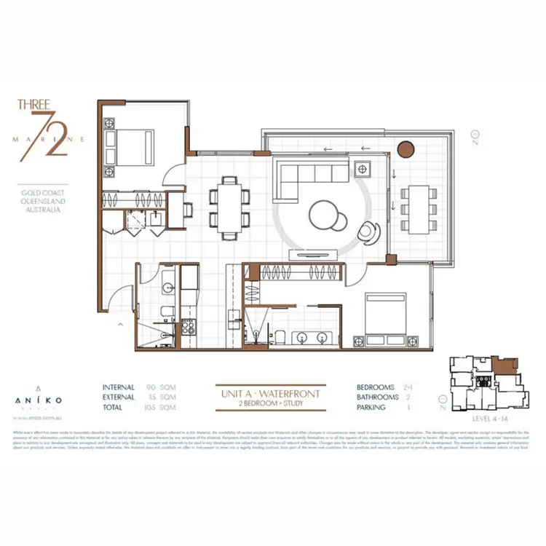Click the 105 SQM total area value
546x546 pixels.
(x=158, y=408)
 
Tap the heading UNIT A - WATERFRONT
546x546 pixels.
(x=270, y=394)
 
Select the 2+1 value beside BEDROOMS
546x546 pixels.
(x=408, y=387)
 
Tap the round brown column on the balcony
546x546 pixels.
(x=405, y=149)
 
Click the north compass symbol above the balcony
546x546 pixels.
(x=475, y=135)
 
